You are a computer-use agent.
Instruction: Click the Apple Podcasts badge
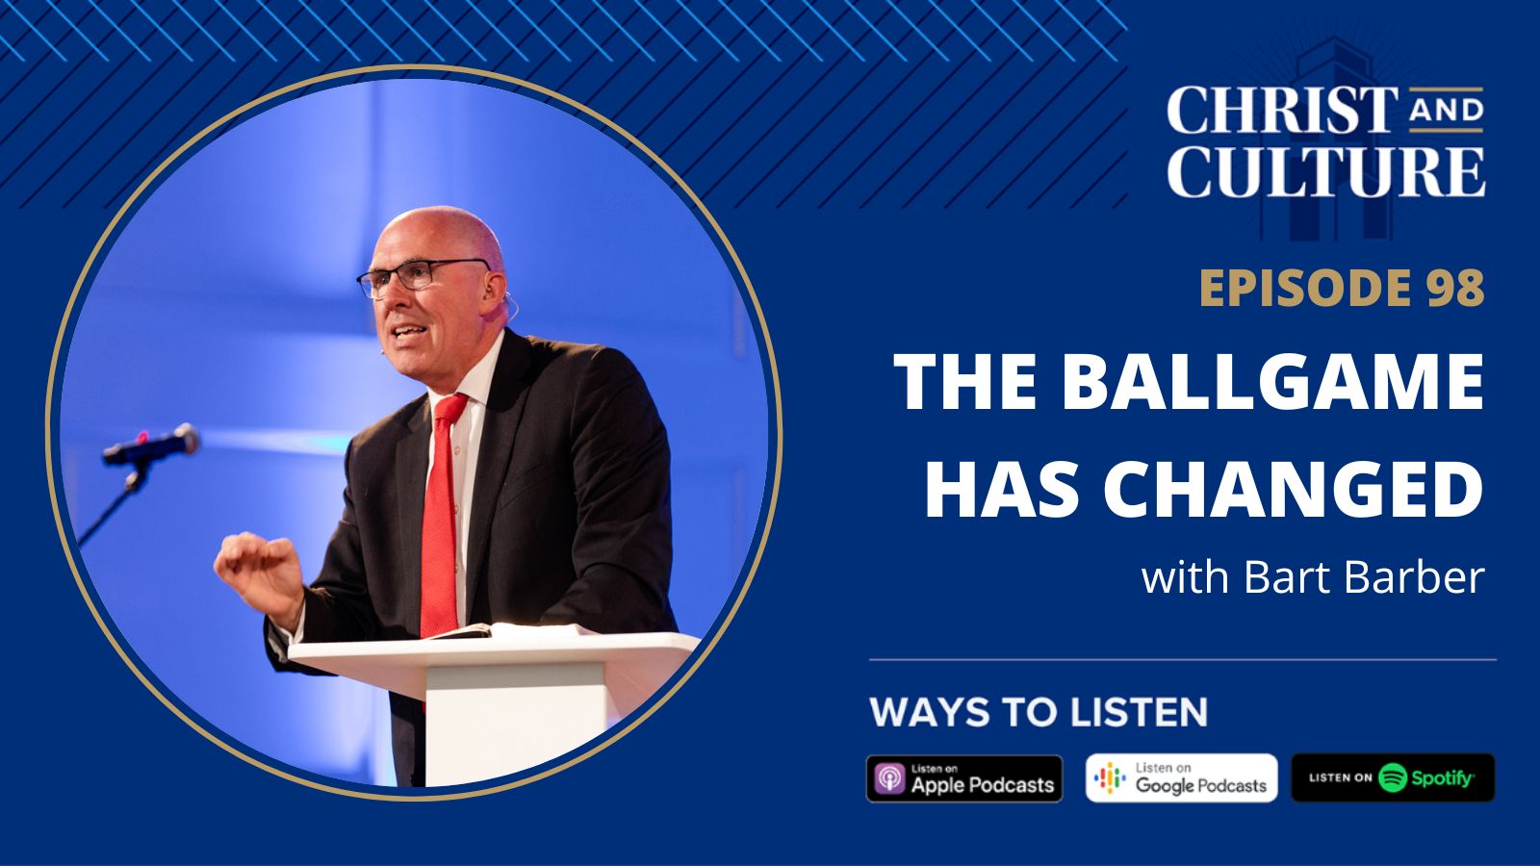964,778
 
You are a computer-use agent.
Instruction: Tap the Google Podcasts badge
1181,778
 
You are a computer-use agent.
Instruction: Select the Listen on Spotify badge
1392,777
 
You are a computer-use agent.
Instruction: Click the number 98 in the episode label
1454,288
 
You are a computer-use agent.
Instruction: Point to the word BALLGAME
1273,381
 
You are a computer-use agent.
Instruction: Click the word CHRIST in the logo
1283,110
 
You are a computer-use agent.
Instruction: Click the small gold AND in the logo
1446,113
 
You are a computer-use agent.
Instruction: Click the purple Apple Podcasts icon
890,778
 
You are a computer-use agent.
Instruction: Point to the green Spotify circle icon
1392,777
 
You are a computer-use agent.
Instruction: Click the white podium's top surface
500,649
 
